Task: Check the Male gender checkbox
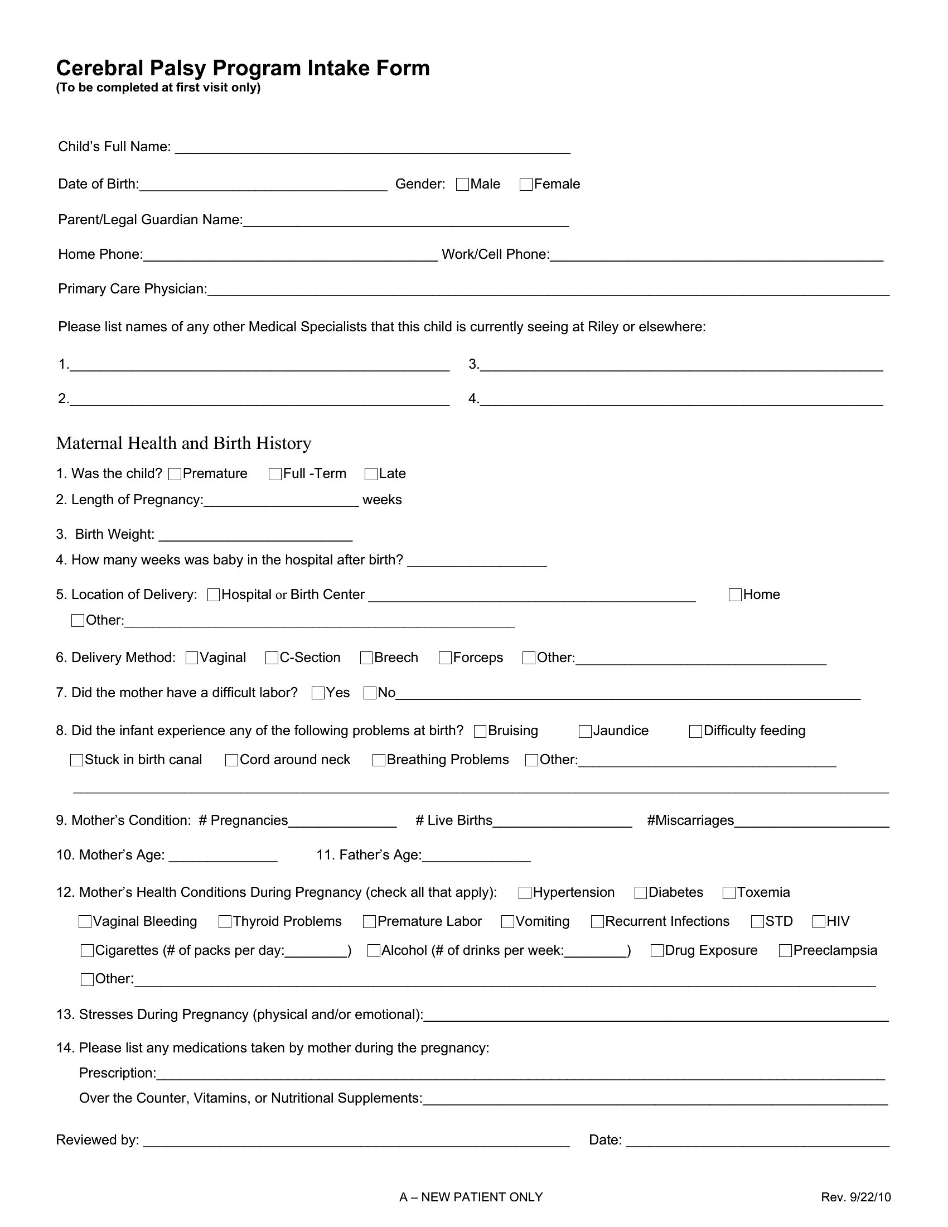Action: [x=462, y=185]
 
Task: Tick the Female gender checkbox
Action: [x=526, y=185]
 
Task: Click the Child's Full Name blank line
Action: [x=373, y=148]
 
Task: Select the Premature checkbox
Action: [x=175, y=474]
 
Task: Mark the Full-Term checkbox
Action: [x=275, y=474]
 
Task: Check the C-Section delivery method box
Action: [x=272, y=658]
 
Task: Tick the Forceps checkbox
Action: [x=446, y=658]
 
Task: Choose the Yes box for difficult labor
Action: [x=318, y=693]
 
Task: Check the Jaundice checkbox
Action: [x=585, y=731]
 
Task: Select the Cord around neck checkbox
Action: [x=231, y=760]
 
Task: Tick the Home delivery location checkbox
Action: [x=735, y=595]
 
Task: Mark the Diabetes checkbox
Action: [x=641, y=893]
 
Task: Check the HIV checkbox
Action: [x=819, y=921]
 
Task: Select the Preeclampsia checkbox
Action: [x=786, y=950]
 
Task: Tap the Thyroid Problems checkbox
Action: [x=225, y=921]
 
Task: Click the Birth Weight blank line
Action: [x=255, y=536]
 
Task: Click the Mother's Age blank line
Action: [x=223, y=857]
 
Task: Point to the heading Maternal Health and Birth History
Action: [x=183, y=443]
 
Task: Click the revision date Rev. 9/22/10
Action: [x=855, y=1197]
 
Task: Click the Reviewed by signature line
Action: [x=357, y=1142]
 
